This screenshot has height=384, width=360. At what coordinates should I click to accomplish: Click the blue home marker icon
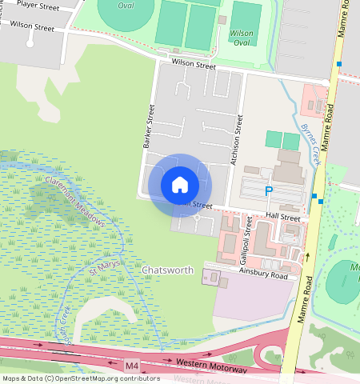tap(180, 184)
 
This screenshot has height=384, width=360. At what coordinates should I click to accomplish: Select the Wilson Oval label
tap(241, 38)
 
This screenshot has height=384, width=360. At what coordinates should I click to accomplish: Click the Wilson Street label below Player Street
tap(33, 27)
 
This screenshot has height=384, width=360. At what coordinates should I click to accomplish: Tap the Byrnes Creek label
tap(310, 142)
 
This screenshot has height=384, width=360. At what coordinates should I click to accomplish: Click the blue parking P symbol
tap(269, 191)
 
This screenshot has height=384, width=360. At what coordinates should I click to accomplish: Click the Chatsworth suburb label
tap(168, 270)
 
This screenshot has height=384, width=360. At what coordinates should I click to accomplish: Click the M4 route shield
tap(132, 366)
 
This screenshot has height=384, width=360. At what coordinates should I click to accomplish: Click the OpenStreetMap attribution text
tap(80, 379)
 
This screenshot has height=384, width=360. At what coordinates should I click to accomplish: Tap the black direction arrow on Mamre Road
tap(307, 257)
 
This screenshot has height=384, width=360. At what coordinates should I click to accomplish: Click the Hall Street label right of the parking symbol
tap(284, 218)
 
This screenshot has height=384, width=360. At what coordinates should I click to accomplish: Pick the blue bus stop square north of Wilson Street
tap(339, 64)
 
